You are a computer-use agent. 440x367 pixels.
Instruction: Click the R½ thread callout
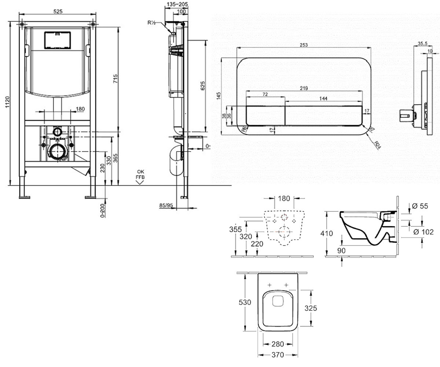tap(152, 23)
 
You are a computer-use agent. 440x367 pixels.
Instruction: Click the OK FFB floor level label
tap(140, 174)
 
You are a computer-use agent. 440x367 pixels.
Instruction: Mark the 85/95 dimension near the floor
tap(166, 205)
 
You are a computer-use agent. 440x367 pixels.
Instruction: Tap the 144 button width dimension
tap(323, 98)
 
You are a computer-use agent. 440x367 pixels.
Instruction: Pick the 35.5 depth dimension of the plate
tap(422, 43)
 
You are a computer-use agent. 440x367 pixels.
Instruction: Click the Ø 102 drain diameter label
tap(423, 232)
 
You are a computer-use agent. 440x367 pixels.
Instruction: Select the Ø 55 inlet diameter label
tap(420, 206)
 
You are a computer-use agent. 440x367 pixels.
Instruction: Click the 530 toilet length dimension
tap(245, 302)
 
